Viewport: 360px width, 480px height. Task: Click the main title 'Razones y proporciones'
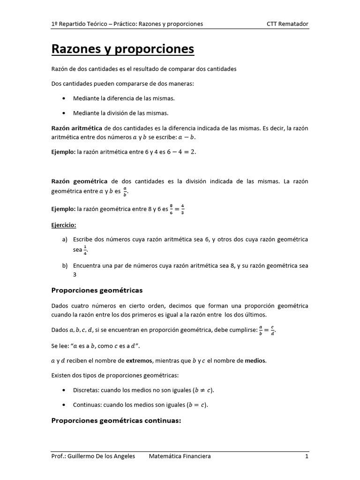click(x=122, y=49)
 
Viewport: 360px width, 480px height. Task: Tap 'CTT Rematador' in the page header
click(x=287, y=24)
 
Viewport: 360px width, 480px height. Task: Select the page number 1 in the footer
click(x=307, y=456)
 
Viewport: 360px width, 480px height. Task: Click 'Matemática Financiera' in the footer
click(x=180, y=456)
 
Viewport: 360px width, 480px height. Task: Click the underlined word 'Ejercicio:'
click(x=63, y=225)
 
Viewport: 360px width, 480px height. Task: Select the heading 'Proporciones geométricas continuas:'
click(x=116, y=420)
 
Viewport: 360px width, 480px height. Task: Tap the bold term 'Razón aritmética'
click(x=76, y=128)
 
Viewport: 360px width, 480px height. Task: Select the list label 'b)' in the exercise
click(x=65, y=266)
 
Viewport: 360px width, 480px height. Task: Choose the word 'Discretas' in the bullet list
click(x=85, y=390)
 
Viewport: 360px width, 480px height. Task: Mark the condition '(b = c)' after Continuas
click(x=196, y=405)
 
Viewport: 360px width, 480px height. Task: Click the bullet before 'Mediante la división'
click(x=63, y=113)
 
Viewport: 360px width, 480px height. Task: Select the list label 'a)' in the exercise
click(x=65, y=240)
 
